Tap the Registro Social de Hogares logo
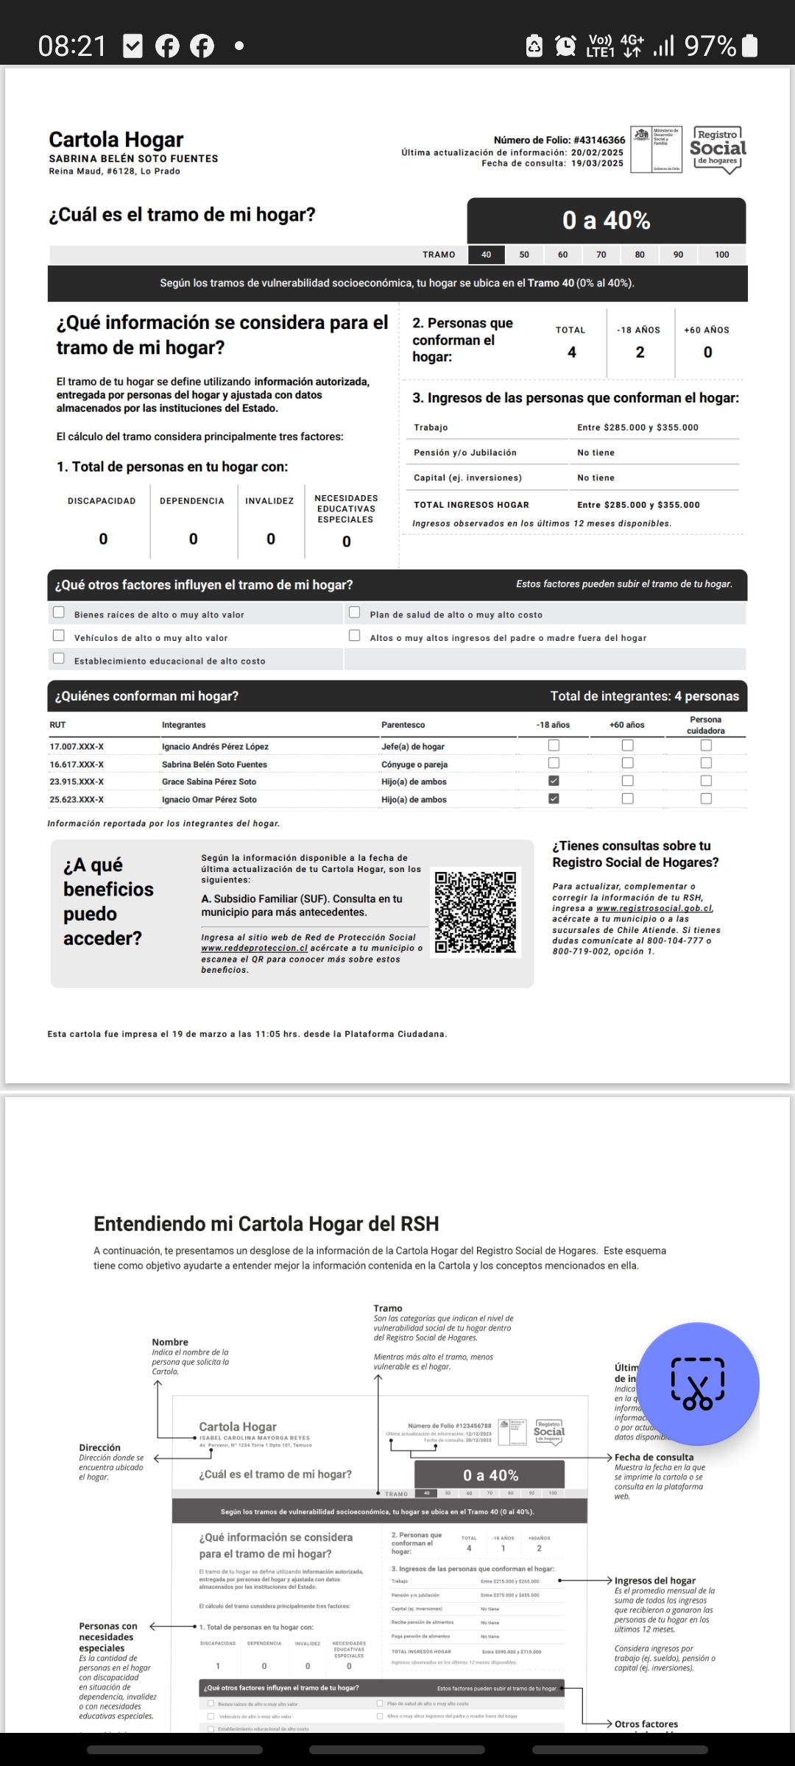718,149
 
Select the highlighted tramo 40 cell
486,255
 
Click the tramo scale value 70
601,255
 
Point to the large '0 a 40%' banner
606,220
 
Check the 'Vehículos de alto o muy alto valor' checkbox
59,636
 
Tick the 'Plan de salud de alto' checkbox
354,612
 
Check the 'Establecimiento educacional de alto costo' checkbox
59,659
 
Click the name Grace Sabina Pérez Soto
209,781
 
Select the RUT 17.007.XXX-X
77,747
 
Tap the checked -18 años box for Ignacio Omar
554,798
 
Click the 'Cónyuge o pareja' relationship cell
414,765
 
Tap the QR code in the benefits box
476,912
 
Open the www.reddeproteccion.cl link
254,948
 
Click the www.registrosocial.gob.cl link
654,908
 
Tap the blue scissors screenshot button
697,1383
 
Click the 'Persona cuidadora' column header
705,725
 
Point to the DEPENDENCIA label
192,501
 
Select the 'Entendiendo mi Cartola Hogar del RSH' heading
266,1224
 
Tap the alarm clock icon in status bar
565,46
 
